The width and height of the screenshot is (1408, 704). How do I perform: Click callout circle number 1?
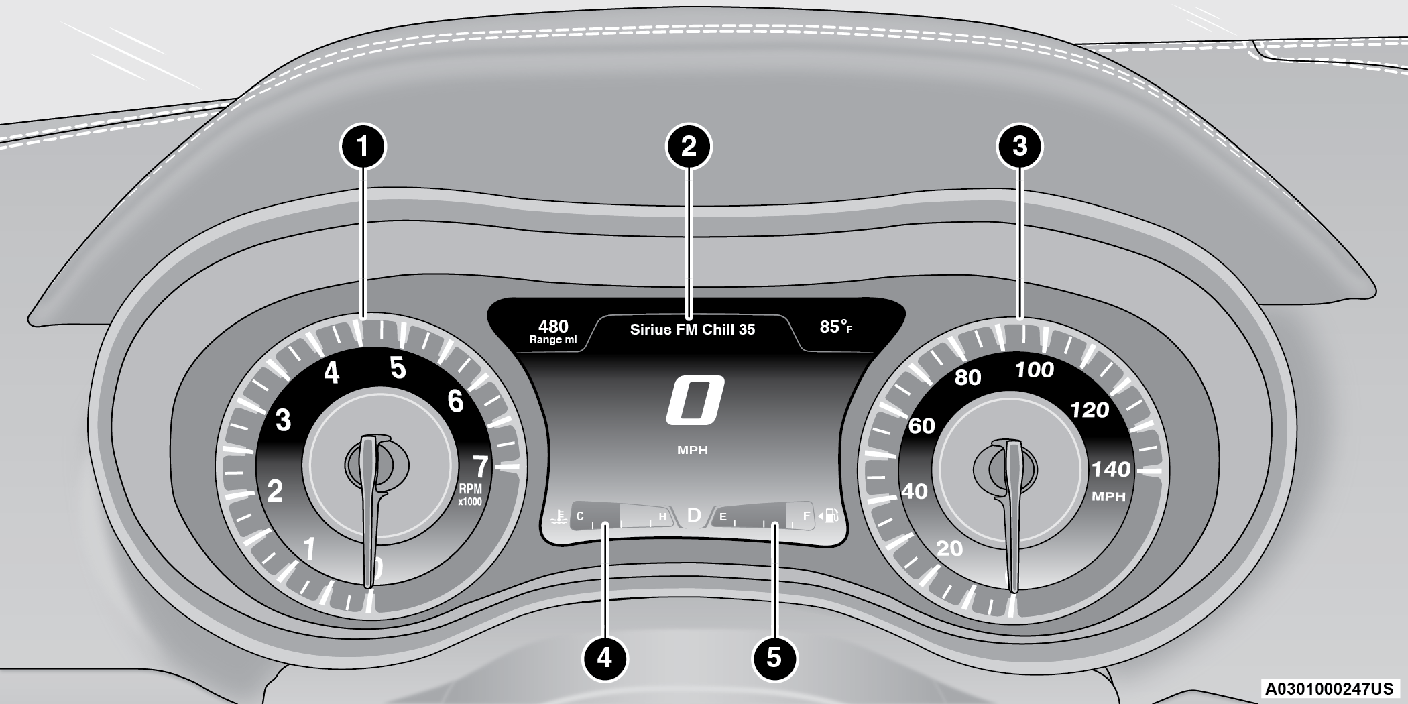point(363,146)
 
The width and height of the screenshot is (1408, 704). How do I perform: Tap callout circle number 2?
point(689,146)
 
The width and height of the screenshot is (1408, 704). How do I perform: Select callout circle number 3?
point(1020,146)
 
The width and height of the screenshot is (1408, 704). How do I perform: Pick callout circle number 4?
point(604,657)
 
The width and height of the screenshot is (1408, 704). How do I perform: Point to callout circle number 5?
point(774,657)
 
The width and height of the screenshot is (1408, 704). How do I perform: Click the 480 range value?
point(553,327)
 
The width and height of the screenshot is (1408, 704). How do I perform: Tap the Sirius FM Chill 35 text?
point(692,329)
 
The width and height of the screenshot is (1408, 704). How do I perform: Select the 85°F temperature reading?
point(835,327)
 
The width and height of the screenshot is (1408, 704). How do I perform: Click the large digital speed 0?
point(695,400)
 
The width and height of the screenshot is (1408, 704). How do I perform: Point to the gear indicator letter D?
point(694,516)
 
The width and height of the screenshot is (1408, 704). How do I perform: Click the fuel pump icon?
point(831,516)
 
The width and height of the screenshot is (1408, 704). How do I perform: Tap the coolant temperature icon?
point(556,516)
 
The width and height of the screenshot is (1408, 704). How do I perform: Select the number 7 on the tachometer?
point(480,466)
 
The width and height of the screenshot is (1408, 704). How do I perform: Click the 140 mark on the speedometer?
point(1111,469)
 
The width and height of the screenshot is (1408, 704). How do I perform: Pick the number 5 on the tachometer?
point(398,368)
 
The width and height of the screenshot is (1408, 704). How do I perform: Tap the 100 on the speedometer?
point(1035,369)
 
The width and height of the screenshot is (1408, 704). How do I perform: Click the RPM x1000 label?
point(469,495)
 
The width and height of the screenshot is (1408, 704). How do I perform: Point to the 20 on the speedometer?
point(949,548)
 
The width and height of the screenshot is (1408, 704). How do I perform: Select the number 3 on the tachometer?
point(284,420)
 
